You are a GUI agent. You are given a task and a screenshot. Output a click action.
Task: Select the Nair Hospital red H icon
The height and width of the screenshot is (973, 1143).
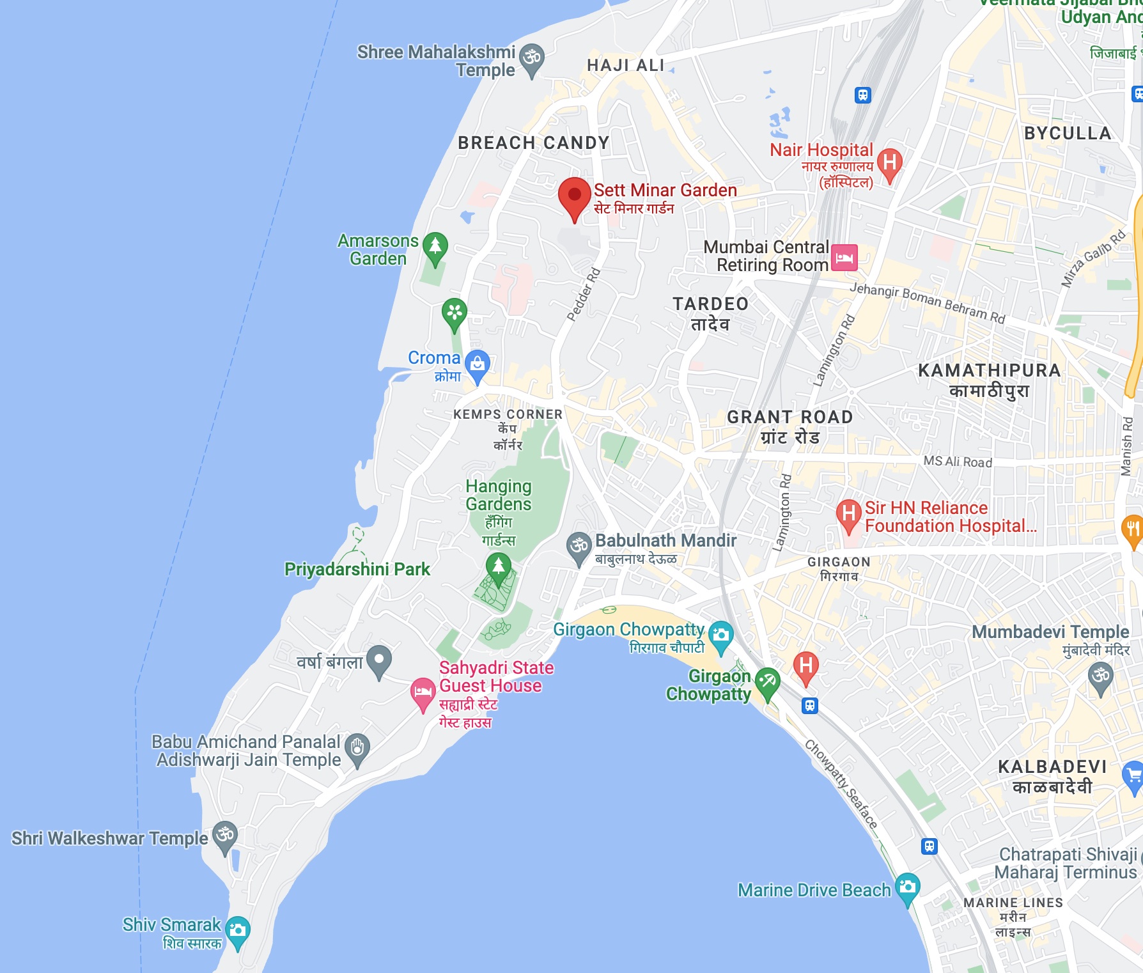[889, 163]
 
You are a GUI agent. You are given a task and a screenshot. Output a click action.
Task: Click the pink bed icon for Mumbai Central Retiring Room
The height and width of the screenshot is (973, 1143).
[844, 258]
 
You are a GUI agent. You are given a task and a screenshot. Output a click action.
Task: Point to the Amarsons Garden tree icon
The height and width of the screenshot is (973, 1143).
[435, 246]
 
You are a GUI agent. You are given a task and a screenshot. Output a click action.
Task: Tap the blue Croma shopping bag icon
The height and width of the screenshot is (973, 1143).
[477, 364]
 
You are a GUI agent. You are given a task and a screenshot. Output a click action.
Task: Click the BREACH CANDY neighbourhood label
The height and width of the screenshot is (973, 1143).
[533, 143]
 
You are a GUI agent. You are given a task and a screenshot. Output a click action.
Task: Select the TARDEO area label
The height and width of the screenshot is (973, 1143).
[710, 304]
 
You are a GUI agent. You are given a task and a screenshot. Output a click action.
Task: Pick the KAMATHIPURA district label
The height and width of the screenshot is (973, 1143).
[989, 371]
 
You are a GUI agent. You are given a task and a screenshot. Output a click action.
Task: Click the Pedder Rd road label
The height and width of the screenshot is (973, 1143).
[584, 294]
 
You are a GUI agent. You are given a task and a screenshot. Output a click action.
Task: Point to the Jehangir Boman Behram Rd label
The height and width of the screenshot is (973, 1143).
[927, 302]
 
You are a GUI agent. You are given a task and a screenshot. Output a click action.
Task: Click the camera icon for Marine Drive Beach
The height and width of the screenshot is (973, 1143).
[907, 887]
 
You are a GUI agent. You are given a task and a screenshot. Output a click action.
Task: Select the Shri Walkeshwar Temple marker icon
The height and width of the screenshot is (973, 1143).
[224, 835]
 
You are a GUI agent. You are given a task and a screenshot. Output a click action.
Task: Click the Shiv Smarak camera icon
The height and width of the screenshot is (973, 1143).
[237, 930]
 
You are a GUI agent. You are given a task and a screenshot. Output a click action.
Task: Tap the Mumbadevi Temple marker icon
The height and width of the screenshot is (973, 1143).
[1100, 676]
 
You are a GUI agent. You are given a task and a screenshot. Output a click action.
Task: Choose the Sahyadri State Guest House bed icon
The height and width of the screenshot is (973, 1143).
[423, 692]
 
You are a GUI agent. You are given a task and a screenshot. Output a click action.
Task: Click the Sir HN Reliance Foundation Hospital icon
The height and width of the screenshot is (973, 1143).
[848, 513]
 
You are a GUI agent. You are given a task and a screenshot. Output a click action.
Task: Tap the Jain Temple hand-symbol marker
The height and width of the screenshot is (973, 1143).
[357, 747]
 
